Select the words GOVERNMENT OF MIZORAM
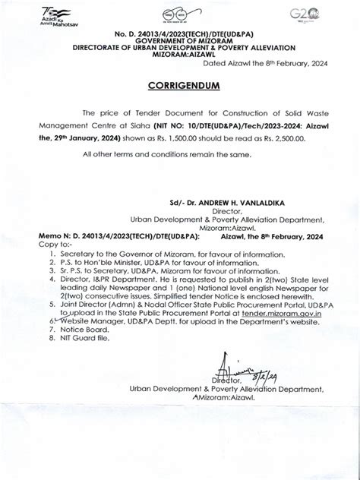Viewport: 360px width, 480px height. coord(181,45)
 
